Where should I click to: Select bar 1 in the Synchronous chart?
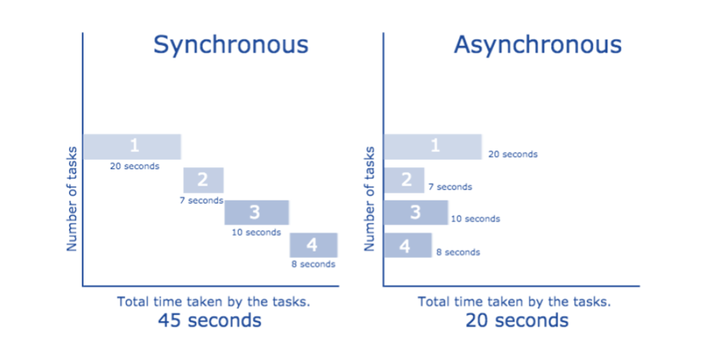[132, 147]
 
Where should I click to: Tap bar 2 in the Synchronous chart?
[203, 180]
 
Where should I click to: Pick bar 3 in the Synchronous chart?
[256, 212]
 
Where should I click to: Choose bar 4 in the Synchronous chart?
[313, 245]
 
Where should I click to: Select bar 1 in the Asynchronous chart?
[432, 147]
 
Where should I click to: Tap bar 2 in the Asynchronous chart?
[404, 180]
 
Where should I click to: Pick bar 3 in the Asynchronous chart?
[416, 212]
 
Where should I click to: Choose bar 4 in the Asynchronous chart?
[408, 245]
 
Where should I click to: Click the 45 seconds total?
[210, 321]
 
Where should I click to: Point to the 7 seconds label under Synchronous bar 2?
[201, 200]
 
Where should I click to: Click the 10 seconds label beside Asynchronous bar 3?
[475, 219]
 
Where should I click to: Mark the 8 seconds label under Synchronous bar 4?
[313, 264]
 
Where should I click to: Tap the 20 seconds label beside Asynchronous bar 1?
[513, 154]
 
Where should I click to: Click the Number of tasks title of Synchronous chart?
[72, 199]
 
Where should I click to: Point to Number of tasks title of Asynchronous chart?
[370, 199]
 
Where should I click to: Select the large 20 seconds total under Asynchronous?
[517, 321]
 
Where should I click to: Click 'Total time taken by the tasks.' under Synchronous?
[213, 302]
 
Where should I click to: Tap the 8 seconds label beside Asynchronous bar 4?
[458, 253]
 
